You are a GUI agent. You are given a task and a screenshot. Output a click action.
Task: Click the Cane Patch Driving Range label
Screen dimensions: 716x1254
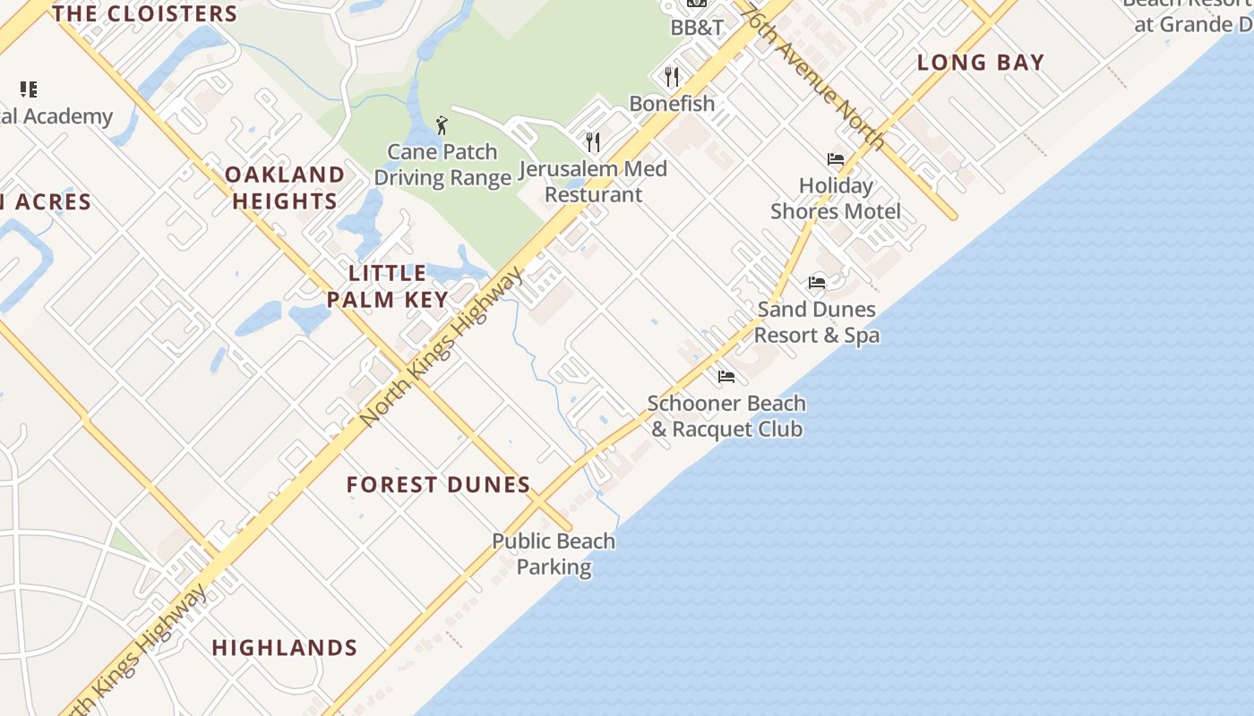pos(442,165)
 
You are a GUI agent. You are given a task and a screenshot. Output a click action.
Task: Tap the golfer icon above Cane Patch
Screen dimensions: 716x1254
pos(442,125)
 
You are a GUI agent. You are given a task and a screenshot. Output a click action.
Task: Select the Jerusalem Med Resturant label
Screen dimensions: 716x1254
pos(594,182)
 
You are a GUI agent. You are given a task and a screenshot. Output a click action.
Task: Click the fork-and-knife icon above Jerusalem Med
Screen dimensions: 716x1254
pos(592,141)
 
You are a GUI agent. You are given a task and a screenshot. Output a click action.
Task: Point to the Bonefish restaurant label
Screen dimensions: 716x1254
pos(672,104)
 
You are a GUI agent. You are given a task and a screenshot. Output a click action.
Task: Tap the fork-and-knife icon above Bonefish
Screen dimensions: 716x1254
pos(672,76)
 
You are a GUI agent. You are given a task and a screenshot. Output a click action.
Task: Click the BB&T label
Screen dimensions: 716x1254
pos(697,28)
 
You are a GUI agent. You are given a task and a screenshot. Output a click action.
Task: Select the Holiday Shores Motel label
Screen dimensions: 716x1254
pos(836,199)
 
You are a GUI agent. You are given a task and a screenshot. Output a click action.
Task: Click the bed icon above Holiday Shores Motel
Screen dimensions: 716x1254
pos(836,159)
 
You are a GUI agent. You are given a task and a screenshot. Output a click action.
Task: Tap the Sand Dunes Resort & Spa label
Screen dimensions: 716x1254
pos(817,322)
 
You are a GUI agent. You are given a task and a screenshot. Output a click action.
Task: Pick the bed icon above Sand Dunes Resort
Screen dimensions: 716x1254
pos(817,283)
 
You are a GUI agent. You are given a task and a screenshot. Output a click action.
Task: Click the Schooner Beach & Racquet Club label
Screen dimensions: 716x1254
pos(726,416)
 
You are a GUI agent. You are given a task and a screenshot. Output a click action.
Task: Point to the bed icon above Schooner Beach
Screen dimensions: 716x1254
pos(726,377)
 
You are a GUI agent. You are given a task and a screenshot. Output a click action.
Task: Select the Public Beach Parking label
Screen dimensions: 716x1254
pos(554,554)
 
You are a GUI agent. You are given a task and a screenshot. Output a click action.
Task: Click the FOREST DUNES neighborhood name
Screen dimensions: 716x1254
pos(439,485)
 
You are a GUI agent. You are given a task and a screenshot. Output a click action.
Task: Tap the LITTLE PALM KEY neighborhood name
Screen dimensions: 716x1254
pos(388,286)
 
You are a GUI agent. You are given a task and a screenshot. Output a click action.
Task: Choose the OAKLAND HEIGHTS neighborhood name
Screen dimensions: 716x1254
pos(285,188)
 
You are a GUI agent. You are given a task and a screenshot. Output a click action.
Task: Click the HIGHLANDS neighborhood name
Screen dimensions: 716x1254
pos(285,647)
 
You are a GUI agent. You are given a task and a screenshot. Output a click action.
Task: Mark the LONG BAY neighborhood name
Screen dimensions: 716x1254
pos(981,63)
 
